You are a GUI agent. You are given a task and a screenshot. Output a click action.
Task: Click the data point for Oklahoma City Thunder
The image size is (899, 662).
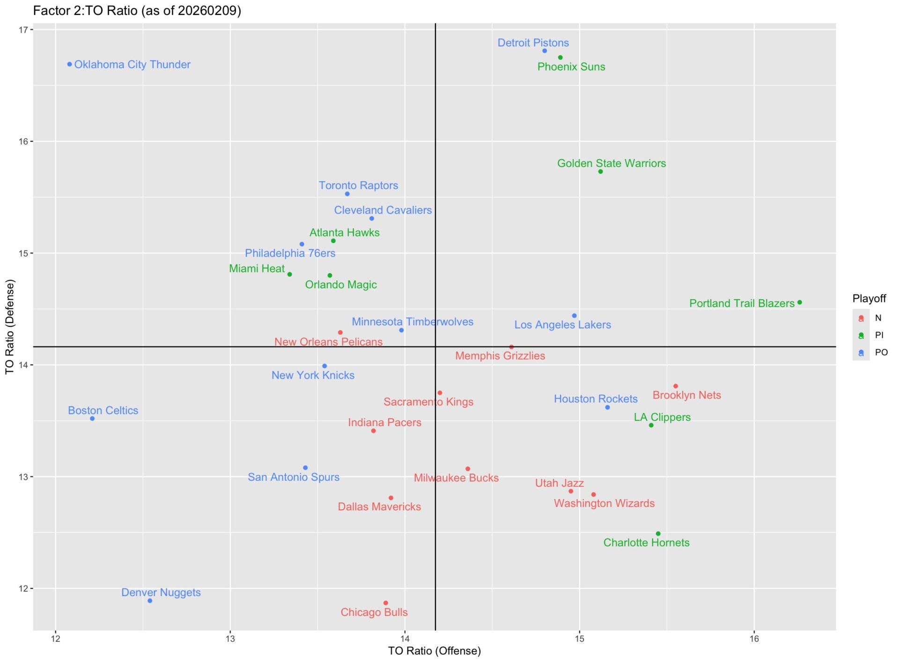[70, 64]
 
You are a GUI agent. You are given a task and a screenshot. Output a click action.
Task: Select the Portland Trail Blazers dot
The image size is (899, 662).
[800, 302]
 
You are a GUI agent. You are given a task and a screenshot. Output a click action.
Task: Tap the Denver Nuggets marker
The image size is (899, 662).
[150, 601]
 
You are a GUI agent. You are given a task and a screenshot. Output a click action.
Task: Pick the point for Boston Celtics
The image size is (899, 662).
[92, 419]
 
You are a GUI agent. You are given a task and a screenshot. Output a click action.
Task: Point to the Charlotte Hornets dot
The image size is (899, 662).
[658, 534]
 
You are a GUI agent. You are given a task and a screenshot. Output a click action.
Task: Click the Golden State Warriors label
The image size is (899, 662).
[611, 163]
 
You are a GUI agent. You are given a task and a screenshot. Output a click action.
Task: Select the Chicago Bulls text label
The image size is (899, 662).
[374, 612]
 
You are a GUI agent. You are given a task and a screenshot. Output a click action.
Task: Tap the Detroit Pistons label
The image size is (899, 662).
[533, 43]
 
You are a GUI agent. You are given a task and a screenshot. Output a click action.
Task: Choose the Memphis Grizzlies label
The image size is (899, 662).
[500, 356]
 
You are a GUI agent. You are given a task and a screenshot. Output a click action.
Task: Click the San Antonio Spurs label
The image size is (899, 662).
[294, 477]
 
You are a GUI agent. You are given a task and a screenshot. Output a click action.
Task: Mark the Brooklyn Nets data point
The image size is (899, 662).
[676, 386]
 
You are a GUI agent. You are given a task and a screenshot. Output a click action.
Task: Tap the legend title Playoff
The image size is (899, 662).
[869, 299]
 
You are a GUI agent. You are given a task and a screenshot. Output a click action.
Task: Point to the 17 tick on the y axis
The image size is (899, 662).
[23, 30]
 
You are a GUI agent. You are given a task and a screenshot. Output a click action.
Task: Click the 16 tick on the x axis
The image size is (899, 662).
[754, 639]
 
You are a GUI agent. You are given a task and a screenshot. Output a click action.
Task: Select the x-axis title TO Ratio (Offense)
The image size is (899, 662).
[435, 651]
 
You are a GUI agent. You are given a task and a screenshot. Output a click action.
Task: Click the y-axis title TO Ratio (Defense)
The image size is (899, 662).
[10, 327]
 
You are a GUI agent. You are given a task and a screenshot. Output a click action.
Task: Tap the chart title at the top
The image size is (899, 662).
[137, 11]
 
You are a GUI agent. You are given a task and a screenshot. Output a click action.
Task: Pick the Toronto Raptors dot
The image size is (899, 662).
[347, 194]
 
